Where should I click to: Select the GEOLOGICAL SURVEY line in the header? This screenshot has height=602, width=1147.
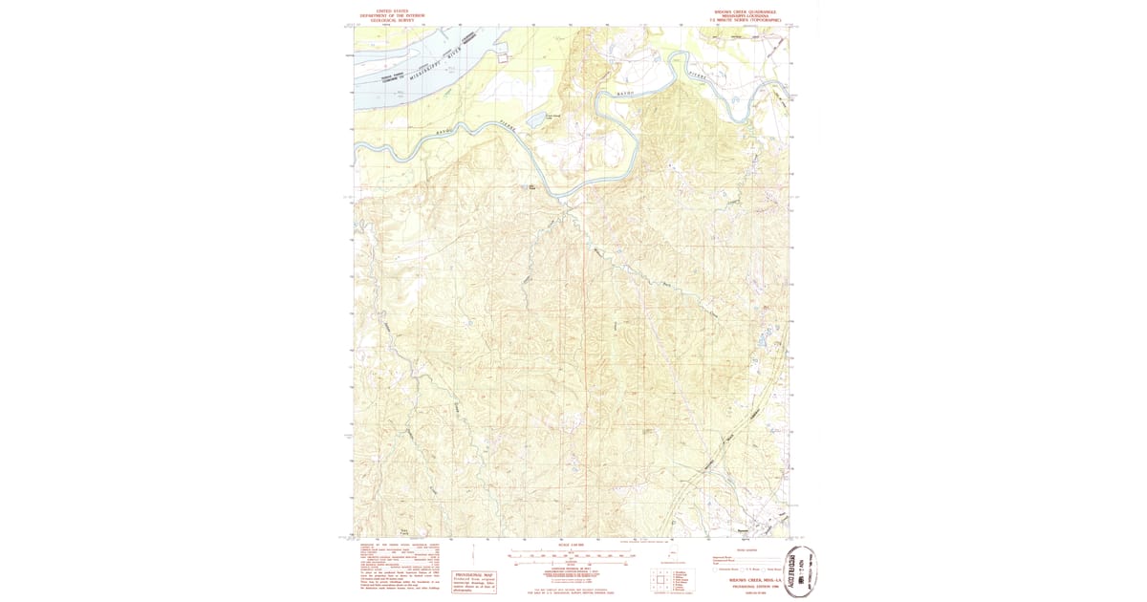coord(380,19)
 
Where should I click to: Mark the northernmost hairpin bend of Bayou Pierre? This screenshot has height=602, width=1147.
coord(681,59)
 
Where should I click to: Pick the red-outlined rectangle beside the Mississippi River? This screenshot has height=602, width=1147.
coord(502,57)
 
